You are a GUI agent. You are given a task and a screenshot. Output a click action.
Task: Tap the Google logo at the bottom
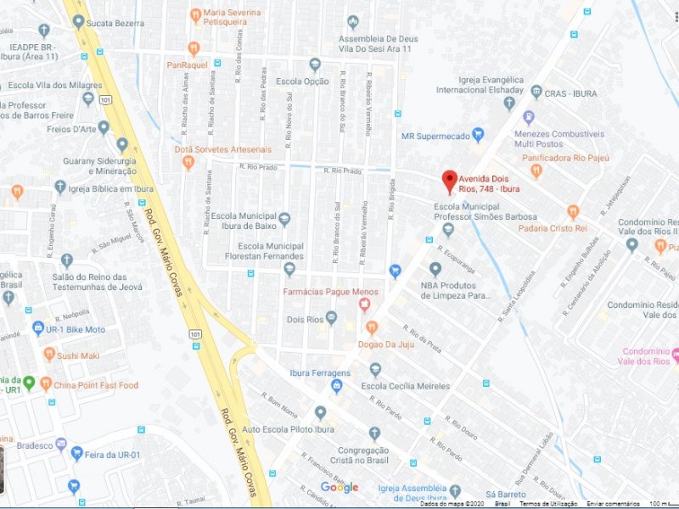339,487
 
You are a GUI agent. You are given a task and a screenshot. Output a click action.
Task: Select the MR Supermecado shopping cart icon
477,134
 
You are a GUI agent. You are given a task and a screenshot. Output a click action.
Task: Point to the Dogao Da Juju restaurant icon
371,327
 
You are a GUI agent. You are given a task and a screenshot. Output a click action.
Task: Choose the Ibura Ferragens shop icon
336,387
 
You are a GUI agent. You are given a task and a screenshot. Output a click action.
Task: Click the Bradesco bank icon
60,444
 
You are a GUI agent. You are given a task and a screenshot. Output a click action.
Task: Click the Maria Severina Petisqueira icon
194,14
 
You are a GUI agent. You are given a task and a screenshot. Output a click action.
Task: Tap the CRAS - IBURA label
572,92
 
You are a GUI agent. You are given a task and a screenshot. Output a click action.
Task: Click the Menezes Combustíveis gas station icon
529,118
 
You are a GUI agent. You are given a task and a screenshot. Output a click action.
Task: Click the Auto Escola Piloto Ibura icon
320,412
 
